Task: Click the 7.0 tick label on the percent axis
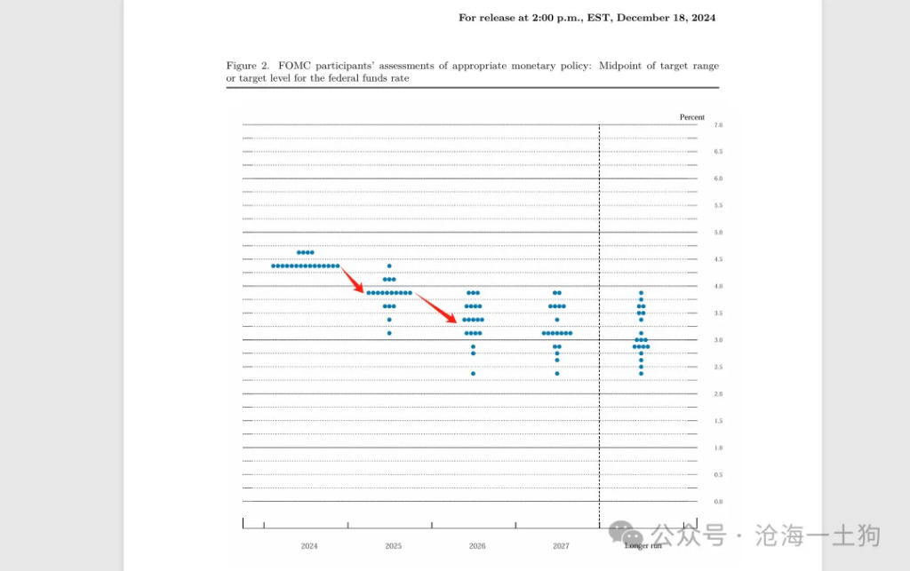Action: click(x=718, y=125)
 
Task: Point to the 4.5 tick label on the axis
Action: click(x=718, y=259)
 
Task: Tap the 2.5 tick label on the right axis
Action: click(x=718, y=367)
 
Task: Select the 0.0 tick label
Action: click(x=718, y=502)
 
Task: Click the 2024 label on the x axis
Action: click(x=309, y=546)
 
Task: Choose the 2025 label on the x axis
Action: click(x=393, y=546)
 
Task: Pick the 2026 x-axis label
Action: click(x=477, y=546)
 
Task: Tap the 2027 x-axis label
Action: click(x=561, y=546)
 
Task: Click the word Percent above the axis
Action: click(x=691, y=117)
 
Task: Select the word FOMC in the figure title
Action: click(x=293, y=66)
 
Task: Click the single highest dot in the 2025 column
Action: click(x=389, y=266)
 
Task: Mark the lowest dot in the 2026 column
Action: click(x=473, y=373)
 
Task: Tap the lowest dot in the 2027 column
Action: click(x=557, y=373)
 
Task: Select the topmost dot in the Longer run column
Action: click(x=641, y=293)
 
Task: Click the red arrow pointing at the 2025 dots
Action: click(x=353, y=282)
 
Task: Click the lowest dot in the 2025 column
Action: click(x=389, y=333)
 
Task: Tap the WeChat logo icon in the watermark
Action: click(x=633, y=535)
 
